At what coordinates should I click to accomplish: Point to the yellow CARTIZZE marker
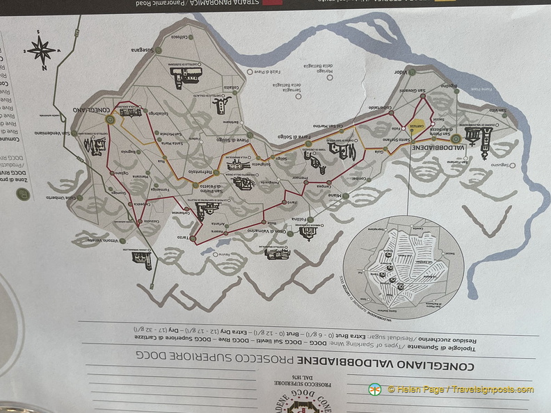(x=417, y=126)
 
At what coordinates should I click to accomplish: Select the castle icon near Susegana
(x=186, y=76)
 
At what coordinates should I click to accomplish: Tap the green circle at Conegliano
(x=110, y=120)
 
